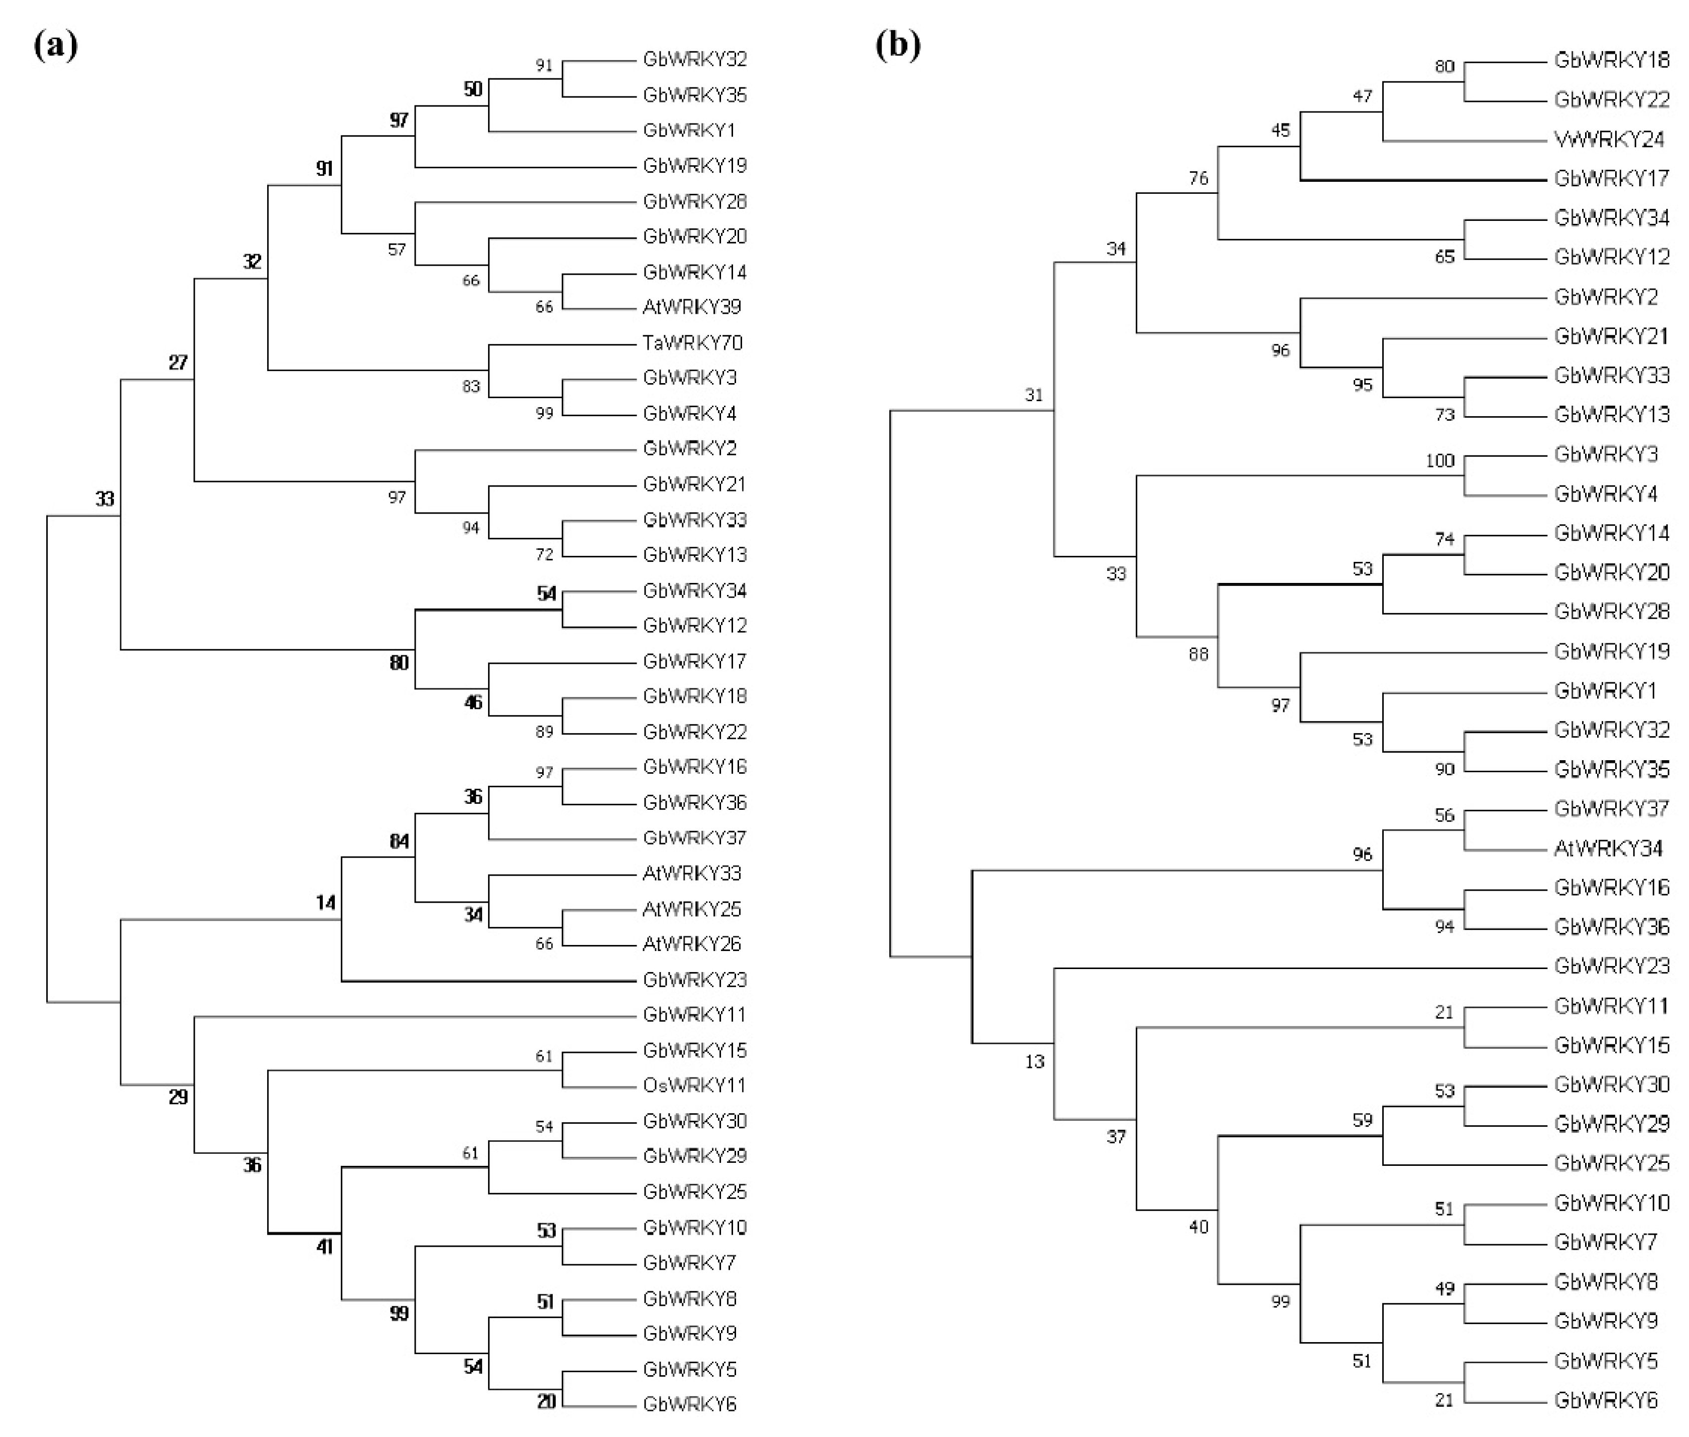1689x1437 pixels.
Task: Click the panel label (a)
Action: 55,45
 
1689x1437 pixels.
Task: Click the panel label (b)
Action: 898,45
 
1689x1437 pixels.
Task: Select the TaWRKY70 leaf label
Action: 692,343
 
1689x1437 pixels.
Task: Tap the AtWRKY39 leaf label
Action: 692,307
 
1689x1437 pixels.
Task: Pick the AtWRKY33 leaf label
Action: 692,873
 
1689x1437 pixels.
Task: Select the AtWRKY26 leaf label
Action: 692,944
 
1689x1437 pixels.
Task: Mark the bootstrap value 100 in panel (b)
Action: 1439,461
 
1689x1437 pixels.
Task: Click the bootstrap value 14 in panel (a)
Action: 325,903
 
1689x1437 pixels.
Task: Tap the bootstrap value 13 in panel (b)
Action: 1034,1061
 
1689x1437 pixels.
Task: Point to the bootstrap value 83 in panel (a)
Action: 471,386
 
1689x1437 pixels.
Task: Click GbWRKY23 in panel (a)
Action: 694,980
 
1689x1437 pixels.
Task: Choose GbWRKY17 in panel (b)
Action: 1611,178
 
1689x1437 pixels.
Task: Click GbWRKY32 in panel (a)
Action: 694,59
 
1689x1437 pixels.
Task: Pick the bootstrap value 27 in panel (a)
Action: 178,363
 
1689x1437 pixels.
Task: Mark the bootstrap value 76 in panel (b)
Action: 1197,178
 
